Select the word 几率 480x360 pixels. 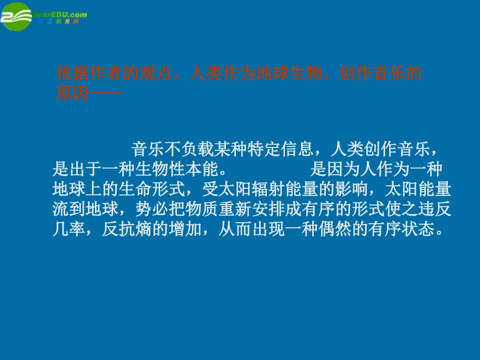[69, 230]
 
